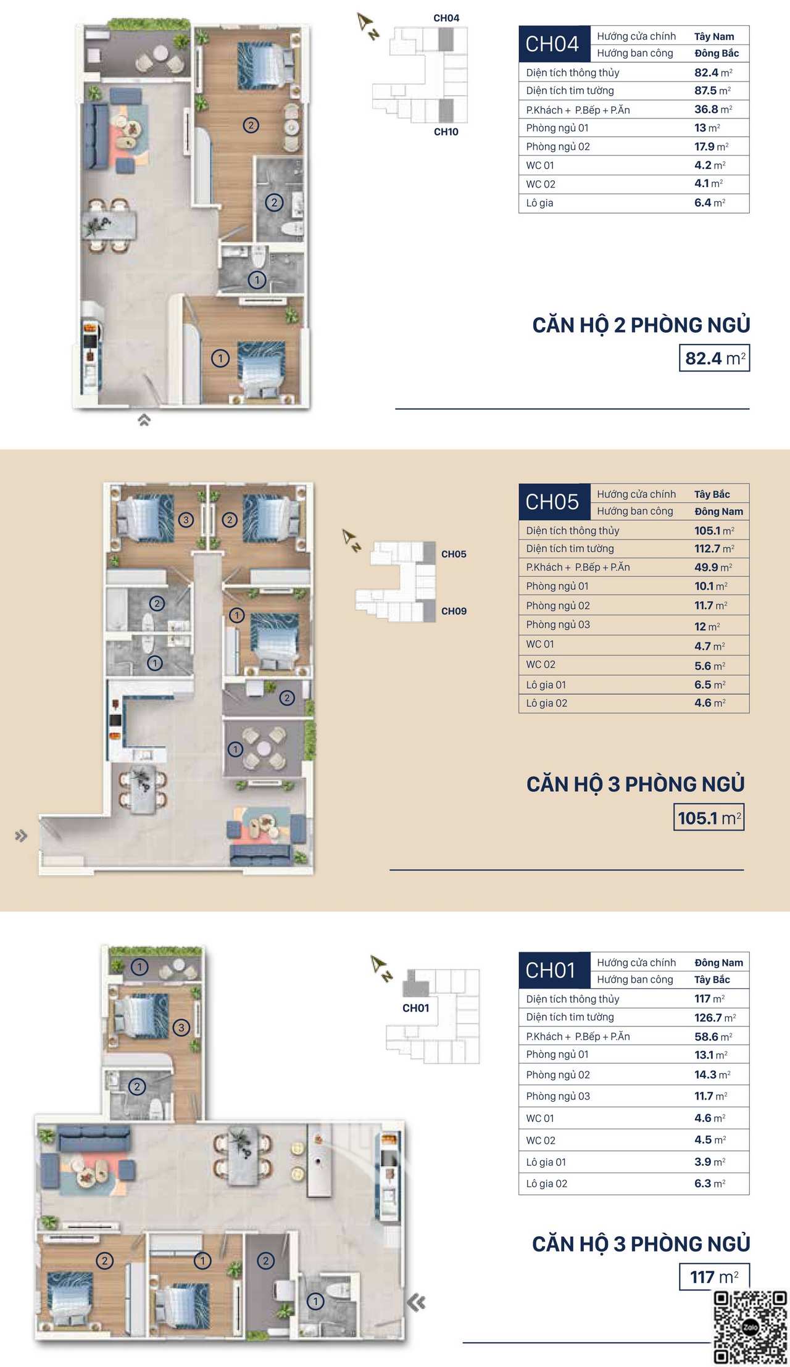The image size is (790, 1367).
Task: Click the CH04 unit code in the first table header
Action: coord(552,44)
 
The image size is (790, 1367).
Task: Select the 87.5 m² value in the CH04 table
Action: coord(712,91)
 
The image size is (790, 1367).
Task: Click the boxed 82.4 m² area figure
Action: coord(715,358)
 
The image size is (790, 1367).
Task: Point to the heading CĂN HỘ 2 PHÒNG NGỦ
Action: coord(641,325)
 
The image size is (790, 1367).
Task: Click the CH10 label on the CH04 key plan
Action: coord(446,131)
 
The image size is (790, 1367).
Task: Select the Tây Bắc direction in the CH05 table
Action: coord(712,494)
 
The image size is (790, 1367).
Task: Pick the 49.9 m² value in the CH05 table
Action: coord(713,567)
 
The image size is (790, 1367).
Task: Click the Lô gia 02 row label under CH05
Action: coord(546,703)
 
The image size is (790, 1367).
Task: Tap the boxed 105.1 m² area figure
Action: coord(709,817)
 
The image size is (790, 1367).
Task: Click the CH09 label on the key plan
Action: coord(454,611)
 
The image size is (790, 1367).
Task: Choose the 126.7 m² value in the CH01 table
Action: coord(715,1018)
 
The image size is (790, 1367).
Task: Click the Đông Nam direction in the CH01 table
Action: coord(718,963)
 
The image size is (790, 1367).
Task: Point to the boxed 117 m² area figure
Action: coord(715,1277)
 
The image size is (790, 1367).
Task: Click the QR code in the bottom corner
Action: coord(750,1328)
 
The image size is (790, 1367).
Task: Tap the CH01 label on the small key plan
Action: coord(415,1008)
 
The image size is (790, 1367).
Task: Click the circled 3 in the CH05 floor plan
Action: coord(186,520)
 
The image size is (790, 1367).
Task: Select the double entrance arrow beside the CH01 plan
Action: coord(417,1303)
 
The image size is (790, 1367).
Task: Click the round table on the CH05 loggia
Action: coord(264,748)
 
